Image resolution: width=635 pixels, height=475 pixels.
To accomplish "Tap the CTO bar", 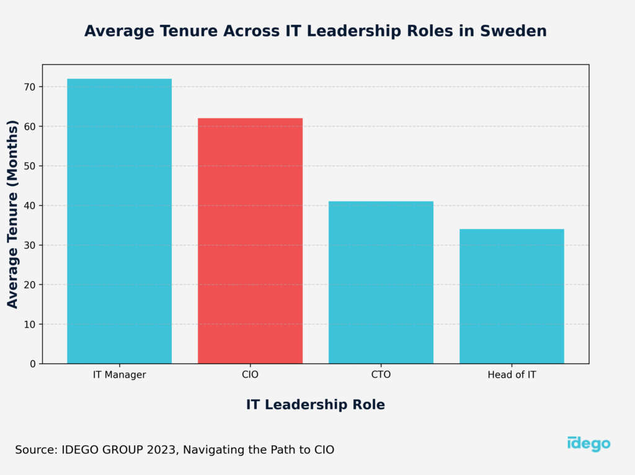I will point(381,282).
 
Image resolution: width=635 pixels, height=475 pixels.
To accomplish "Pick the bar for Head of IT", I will point(512,296).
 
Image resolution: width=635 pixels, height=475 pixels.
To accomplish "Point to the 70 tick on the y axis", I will point(29,87).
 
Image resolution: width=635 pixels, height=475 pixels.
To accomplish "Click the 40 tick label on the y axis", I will point(29,206).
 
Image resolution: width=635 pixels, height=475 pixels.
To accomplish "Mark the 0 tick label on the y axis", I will point(32,364).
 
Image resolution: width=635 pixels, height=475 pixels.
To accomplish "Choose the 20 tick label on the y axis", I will point(29,285).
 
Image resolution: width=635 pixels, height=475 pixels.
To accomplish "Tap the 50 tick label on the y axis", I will point(29,166).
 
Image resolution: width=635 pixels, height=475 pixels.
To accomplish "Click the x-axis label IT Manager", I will point(119,375).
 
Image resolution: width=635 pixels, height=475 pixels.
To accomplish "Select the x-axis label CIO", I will point(250,375).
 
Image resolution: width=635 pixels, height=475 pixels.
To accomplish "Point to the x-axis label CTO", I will point(381,375).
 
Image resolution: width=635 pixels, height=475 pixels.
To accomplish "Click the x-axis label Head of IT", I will point(512,375).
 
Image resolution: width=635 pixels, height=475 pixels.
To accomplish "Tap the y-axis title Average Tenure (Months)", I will point(12,214).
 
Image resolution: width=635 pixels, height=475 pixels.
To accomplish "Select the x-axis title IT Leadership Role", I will point(315,405).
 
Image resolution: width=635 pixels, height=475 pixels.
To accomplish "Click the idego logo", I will point(588,443).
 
